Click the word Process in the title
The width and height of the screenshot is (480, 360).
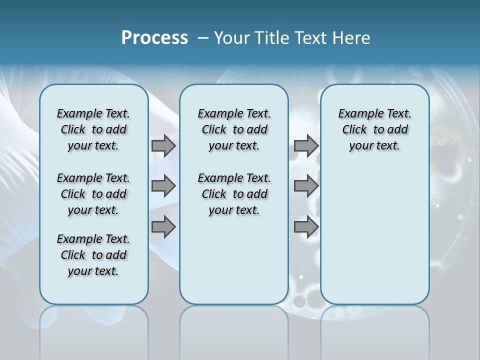click(x=154, y=38)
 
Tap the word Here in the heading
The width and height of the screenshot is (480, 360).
click(x=352, y=38)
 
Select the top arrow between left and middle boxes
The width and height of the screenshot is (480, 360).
click(x=163, y=145)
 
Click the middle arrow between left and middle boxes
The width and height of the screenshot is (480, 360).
click(x=163, y=186)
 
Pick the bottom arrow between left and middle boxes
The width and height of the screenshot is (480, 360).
click(x=163, y=227)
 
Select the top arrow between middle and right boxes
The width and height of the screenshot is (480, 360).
click(x=306, y=145)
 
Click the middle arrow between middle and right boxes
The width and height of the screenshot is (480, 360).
click(x=306, y=186)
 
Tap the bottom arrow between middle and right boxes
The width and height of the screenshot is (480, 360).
click(x=306, y=227)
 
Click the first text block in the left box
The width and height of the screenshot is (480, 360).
click(x=93, y=129)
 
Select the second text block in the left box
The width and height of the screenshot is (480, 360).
click(x=93, y=194)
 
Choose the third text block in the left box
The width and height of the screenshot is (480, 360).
click(x=93, y=255)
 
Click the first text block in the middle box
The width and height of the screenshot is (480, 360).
click(x=234, y=129)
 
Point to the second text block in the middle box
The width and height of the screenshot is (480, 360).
click(x=234, y=194)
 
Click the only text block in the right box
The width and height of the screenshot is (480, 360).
click(x=374, y=129)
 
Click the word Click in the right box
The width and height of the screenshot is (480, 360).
click(x=354, y=130)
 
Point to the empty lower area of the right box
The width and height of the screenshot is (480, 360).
click(x=374, y=235)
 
